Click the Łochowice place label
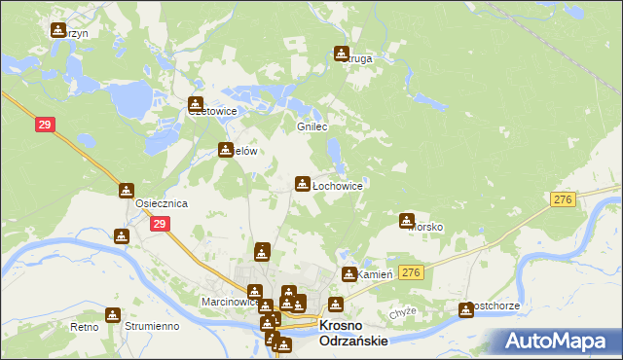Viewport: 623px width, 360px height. [x=337, y=185]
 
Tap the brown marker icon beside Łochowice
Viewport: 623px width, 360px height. [x=303, y=183]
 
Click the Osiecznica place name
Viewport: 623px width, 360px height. [x=162, y=203]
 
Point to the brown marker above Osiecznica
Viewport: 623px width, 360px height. [x=127, y=191]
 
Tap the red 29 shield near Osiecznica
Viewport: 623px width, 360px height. [x=160, y=224]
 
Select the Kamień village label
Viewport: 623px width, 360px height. [x=375, y=275]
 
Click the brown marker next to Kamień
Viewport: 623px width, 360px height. [x=349, y=275]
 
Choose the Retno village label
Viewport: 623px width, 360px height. [x=85, y=327]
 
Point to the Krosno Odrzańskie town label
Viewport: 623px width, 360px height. [x=354, y=333]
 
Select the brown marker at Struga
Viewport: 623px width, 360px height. [x=342, y=54]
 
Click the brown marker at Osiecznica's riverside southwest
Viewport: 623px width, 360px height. [x=121, y=236]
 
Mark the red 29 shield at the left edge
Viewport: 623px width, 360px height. [x=45, y=125]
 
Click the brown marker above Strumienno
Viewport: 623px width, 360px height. [x=115, y=316]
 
